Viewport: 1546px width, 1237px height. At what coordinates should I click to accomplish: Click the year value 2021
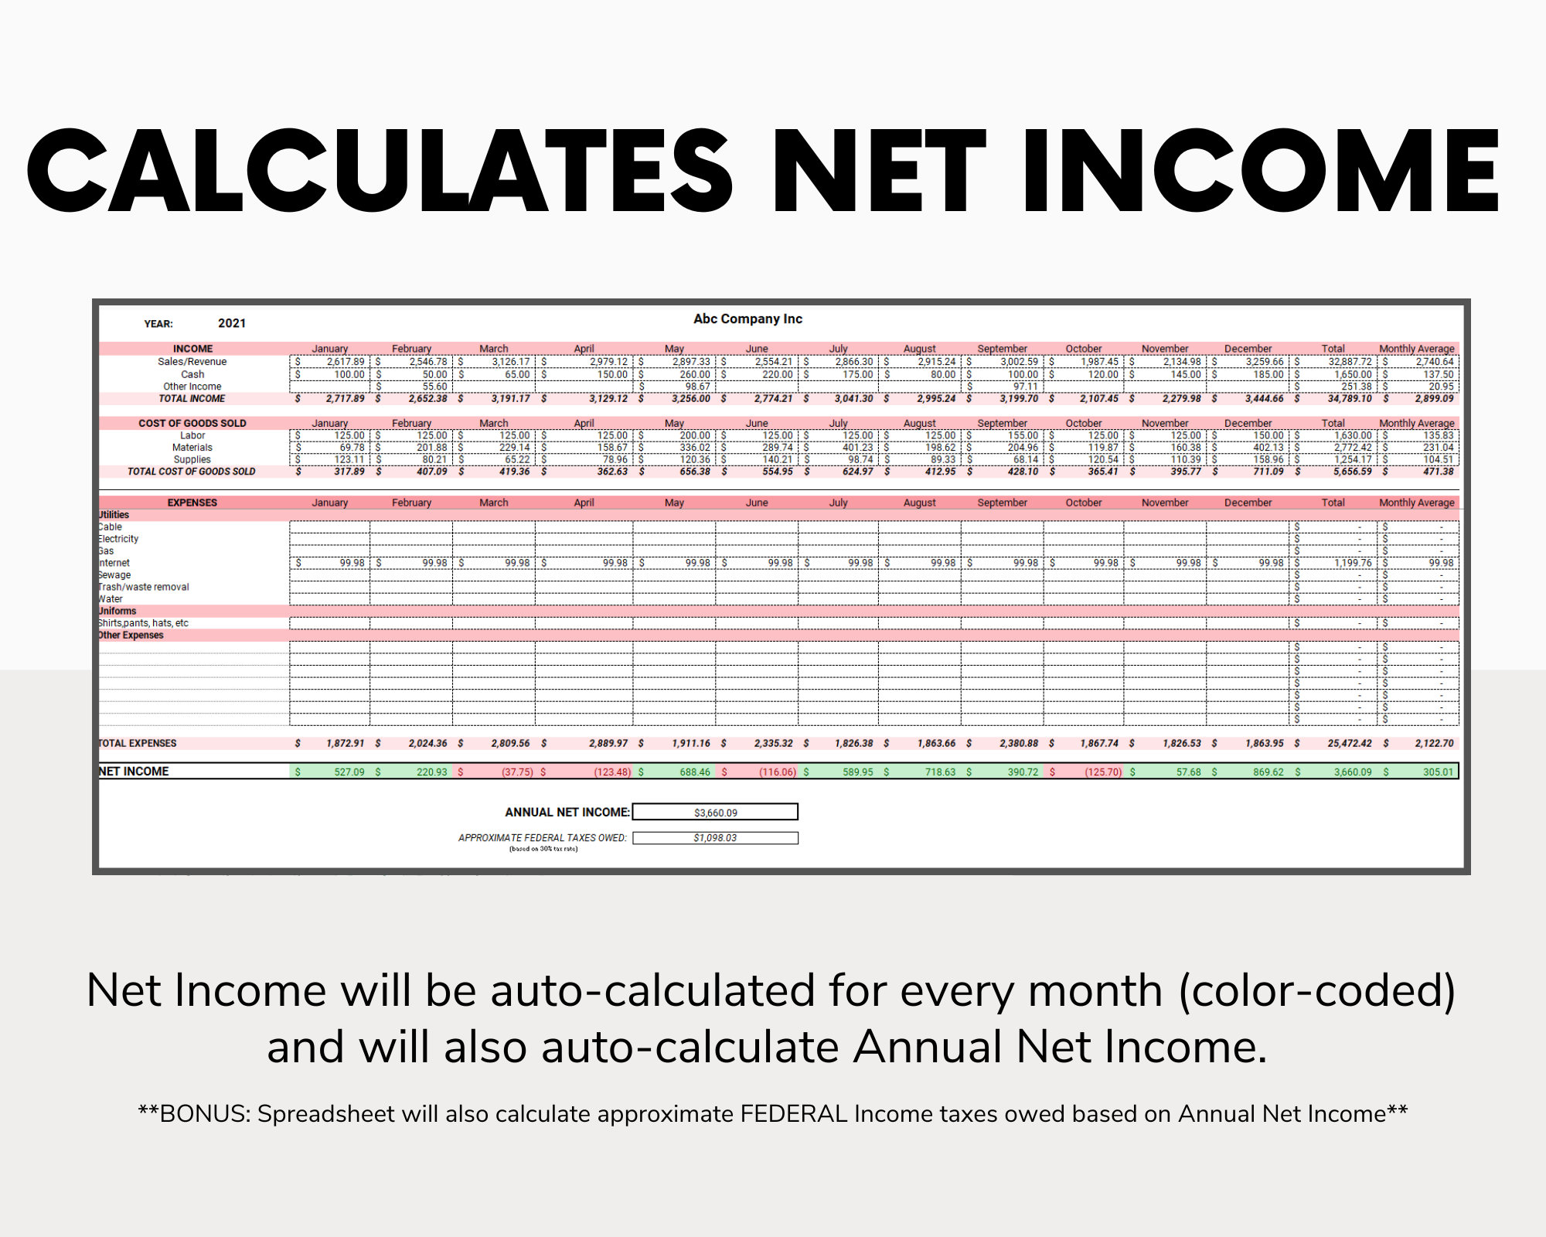232,323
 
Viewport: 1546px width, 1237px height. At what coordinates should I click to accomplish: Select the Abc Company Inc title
747,319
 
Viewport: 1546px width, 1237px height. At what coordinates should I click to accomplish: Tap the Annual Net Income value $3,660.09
715,813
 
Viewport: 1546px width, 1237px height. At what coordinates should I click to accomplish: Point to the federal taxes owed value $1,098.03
715,838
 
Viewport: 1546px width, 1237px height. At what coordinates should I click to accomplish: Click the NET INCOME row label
134,772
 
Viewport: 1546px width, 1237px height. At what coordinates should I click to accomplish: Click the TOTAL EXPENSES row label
138,743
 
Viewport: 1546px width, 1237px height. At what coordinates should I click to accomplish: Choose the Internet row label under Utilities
114,563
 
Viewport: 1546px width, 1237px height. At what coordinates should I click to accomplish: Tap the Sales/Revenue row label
192,361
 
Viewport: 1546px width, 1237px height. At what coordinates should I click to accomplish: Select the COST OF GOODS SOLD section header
192,423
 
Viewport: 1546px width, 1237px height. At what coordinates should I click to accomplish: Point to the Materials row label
192,447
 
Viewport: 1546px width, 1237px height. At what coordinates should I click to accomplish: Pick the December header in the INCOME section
1248,349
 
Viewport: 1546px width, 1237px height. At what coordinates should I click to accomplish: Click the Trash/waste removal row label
144,587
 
